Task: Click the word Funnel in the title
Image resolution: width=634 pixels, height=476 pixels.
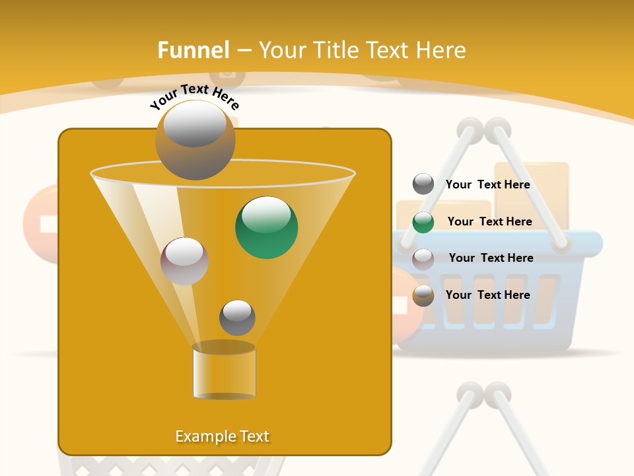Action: [x=193, y=50]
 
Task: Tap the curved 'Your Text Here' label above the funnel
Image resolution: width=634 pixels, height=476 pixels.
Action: [x=195, y=97]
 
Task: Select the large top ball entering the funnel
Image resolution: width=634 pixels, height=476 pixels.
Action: [x=195, y=139]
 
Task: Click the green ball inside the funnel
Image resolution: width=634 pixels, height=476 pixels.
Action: [x=266, y=227]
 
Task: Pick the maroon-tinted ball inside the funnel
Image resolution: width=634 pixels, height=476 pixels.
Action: [x=184, y=261]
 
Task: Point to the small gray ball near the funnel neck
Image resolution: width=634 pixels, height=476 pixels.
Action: [x=237, y=317]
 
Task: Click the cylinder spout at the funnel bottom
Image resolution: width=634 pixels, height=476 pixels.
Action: [x=224, y=372]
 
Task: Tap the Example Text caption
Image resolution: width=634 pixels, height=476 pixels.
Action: [x=223, y=436]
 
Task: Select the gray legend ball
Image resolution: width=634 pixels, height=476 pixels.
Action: [x=423, y=184]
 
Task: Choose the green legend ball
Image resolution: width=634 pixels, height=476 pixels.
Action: [x=423, y=222]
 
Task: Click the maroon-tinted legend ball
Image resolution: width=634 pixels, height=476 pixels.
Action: [x=423, y=259]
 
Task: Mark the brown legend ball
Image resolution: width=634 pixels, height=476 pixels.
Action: [x=423, y=296]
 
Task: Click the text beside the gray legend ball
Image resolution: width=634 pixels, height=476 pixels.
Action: [x=487, y=184]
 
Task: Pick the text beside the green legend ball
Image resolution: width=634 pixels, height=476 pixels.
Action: [x=489, y=221]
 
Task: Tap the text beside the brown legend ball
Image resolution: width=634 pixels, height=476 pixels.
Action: [x=487, y=295]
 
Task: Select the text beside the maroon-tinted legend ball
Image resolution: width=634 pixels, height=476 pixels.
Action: [x=491, y=258]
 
